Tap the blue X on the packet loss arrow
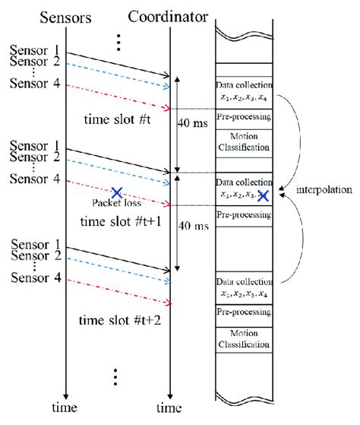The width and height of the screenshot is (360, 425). click(x=116, y=193)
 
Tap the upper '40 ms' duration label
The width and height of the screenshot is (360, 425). click(x=196, y=121)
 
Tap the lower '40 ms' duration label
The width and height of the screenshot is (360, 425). click(x=196, y=227)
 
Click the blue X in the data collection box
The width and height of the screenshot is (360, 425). click(x=263, y=195)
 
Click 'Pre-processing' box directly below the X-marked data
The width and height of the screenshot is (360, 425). click(x=243, y=215)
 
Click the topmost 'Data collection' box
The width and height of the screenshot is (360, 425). click(x=243, y=90)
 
